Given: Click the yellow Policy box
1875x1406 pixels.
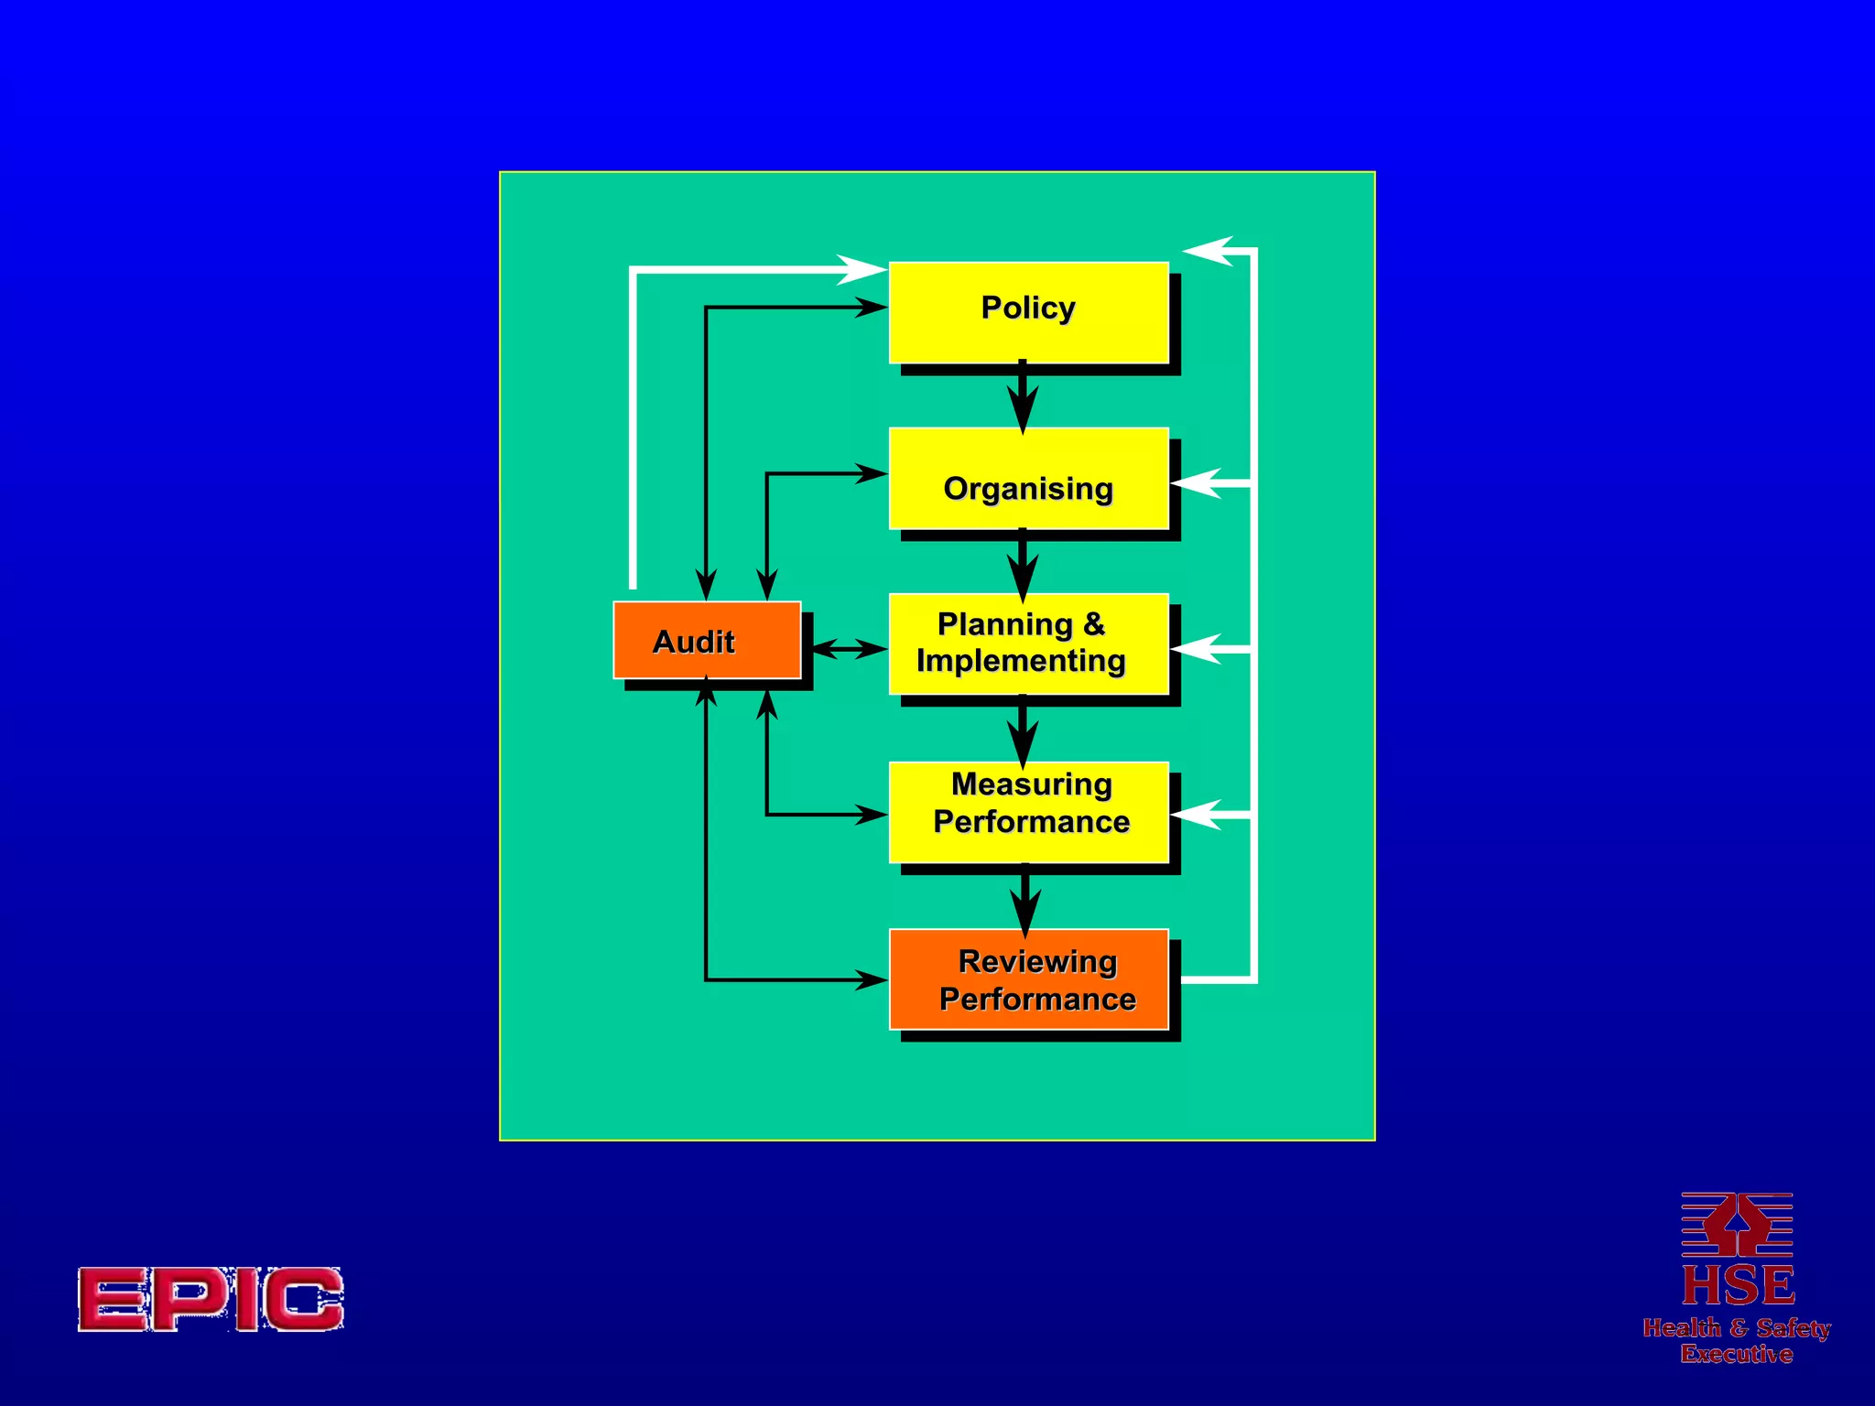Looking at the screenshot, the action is (1028, 312).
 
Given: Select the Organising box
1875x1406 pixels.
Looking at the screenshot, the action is (1028, 479).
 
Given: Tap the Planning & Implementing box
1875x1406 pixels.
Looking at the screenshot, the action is (1028, 644).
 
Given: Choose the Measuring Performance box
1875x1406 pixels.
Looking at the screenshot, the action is (1028, 812).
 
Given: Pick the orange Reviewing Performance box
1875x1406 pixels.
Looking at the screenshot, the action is (1028, 979).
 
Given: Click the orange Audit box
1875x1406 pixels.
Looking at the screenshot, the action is (706, 640).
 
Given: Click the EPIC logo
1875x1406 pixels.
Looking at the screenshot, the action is (211, 1299).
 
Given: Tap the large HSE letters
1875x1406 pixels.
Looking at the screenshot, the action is (1737, 1285).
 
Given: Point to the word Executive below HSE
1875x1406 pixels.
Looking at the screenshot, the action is (1736, 1354).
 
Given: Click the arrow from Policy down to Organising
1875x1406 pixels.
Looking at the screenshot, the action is (1023, 398).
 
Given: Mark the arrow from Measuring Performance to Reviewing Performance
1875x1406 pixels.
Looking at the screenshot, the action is (1025, 901).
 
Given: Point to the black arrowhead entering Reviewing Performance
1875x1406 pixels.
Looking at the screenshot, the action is (870, 979).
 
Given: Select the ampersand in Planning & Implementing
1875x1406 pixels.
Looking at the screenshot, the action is (1094, 624).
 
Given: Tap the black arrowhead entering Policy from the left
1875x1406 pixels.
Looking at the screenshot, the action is (870, 308).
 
